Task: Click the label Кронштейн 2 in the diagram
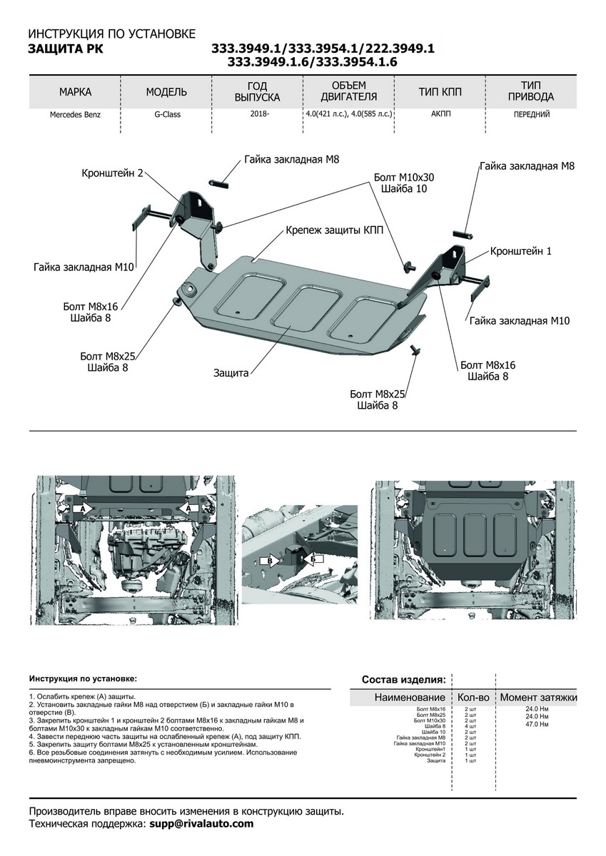coord(113,173)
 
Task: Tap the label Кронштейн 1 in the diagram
coord(520,252)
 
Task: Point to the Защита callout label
coord(231,372)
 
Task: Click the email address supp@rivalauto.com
coord(201,824)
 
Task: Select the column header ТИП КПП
coord(440,93)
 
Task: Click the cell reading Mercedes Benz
coord(75,114)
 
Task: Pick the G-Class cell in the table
coord(166,114)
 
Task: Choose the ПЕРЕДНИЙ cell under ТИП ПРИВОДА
coord(531,114)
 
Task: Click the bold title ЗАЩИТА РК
coord(65,49)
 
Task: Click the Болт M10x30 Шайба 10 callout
coord(403,183)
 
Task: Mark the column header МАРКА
coord(75,93)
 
